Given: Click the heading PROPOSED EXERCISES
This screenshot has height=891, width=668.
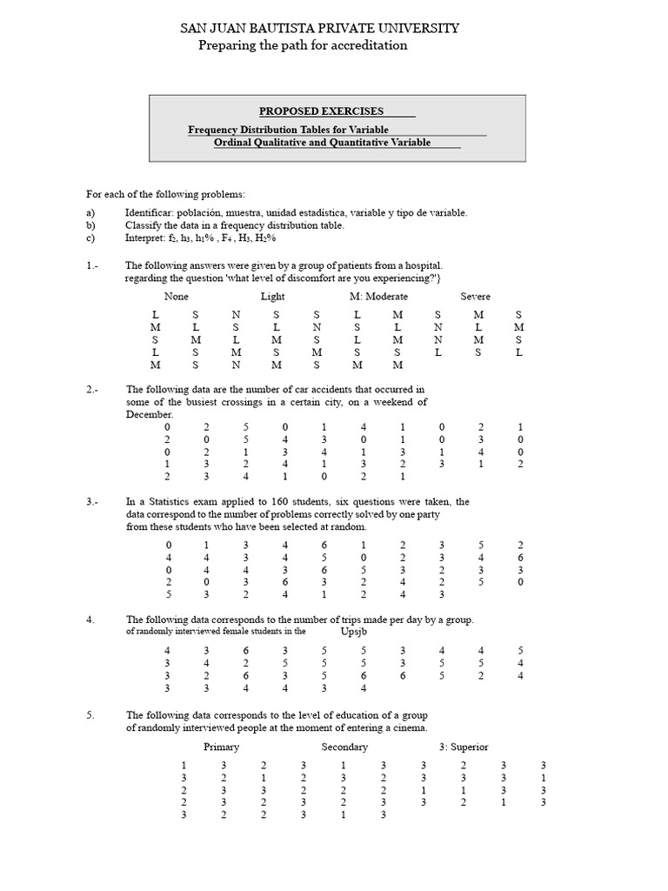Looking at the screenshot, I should point(322,111).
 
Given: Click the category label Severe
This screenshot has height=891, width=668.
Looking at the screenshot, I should point(475,297).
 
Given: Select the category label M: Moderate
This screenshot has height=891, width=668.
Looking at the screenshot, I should point(378,297).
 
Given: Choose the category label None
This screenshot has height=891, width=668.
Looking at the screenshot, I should point(176,297).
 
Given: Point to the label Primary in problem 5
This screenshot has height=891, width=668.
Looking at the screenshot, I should point(221,747).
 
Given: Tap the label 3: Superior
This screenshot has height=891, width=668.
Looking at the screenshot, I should point(464,747).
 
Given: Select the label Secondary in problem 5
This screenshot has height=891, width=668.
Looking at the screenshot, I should point(344,747).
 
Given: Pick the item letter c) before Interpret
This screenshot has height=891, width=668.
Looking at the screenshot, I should point(90,238).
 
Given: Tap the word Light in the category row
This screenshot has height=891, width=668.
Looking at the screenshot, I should point(272,297).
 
